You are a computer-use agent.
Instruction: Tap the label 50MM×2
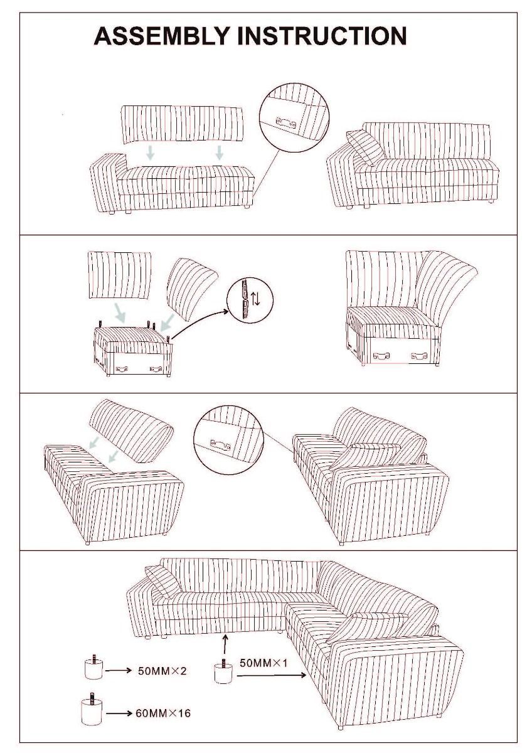coord(162,671)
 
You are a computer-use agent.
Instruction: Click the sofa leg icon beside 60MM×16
coord(92,710)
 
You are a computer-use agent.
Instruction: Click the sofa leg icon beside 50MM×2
coord(93,668)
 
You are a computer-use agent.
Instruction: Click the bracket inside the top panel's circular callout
coord(286,122)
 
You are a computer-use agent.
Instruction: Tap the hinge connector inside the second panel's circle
coord(246,299)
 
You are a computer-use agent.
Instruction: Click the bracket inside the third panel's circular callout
coord(220,446)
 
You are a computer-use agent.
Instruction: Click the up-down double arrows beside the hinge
coord(256,298)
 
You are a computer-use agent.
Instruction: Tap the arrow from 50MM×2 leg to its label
coord(118,671)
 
